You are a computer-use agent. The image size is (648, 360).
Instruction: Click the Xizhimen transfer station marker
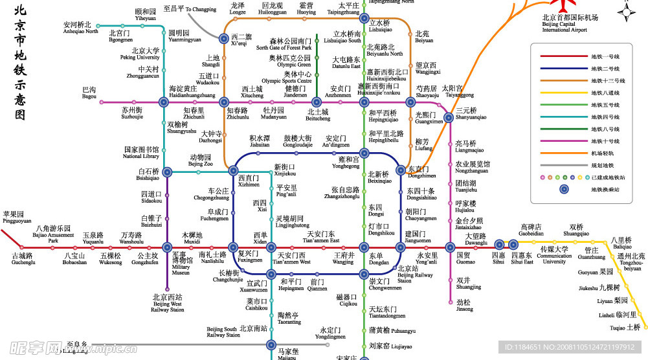pos(233,171)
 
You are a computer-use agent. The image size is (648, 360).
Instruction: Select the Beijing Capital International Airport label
pos(564,24)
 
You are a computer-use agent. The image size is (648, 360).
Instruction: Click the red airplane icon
pos(547,5)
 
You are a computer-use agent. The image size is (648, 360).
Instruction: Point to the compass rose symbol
pos(625,12)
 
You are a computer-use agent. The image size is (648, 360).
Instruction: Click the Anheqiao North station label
pos(81,28)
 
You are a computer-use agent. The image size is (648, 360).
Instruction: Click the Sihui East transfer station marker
pos(513,245)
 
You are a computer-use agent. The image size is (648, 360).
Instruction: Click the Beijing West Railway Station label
pos(168,303)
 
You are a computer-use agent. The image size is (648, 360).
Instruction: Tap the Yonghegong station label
pos(345,163)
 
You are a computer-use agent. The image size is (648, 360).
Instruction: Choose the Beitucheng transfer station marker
pos(317,102)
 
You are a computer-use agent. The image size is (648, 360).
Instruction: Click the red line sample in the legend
pos(555,56)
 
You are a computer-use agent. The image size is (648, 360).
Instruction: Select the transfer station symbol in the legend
pos(563,189)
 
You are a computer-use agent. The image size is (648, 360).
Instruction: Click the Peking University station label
pos(145,54)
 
